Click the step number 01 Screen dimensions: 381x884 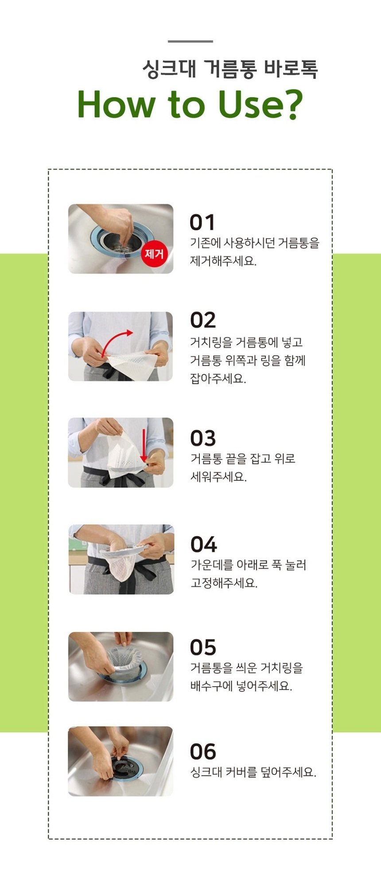pyautogui.click(x=202, y=223)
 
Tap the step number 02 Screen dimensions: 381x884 pyautogui.click(x=203, y=320)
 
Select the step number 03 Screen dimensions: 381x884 pyautogui.click(x=203, y=438)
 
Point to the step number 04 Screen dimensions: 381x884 pyautogui.click(x=203, y=544)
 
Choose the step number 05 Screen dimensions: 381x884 pyautogui.click(x=203, y=648)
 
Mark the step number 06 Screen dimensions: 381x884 pyautogui.click(x=203, y=752)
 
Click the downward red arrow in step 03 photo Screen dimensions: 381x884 pyautogui.click(x=144, y=446)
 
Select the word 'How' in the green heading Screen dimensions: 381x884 pyautogui.click(x=117, y=105)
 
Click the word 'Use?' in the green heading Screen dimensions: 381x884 pyautogui.click(x=260, y=105)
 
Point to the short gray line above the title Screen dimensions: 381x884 pyautogui.click(x=190, y=41)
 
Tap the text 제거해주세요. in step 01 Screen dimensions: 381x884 pyautogui.click(x=223, y=261)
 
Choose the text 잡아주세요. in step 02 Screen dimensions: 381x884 pyautogui.click(x=218, y=379)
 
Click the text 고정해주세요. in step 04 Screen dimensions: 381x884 pyautogui.click(x=224, y=583)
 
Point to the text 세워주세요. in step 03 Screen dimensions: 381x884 pyautogui.click(x=218, y=477)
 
